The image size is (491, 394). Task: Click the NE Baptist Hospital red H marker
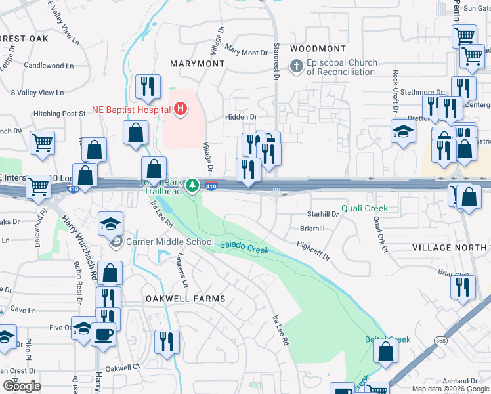point(181,109)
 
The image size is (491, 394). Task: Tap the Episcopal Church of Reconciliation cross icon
point(297,66)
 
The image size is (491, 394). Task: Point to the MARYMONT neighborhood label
point(197,64)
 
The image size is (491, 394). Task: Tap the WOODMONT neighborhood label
point(318,49)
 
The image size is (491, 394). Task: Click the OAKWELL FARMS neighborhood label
point(185,299)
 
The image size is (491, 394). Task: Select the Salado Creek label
point(244,247)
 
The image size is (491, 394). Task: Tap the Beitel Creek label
point(387,339)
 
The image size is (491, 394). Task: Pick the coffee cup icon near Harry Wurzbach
point(104,334)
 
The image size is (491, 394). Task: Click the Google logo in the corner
point(22,386)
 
